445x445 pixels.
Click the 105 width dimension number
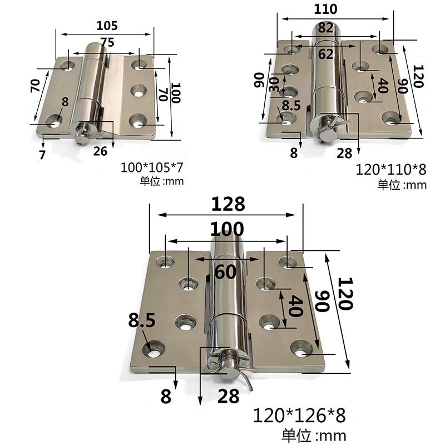click(107, 26)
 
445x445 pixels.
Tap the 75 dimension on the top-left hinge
click(107, 42)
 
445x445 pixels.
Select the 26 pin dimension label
click(100, 151)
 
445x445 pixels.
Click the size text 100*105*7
click(152, 167)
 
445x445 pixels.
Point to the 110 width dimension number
click(325, 9)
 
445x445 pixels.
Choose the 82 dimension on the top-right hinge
click(325, 28)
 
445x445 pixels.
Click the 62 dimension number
click(325, 54)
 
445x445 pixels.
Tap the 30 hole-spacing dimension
click(274, 85)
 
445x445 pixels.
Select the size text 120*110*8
click(391, 170)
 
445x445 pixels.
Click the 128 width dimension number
click(228, 204)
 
